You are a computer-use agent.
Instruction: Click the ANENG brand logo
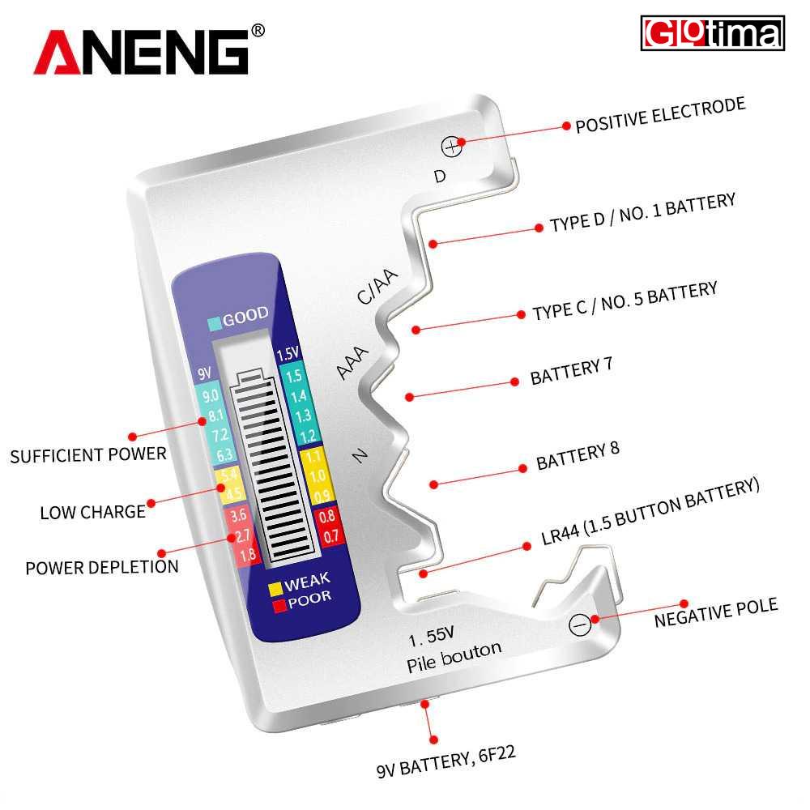tap(149, 50)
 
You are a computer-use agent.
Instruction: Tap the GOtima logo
tap(712, 33)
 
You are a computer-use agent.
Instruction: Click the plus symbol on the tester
tap(451, 147)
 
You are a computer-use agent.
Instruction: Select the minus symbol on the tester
tap(580, 625)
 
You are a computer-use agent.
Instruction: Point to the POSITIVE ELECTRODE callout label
tap(661, 115)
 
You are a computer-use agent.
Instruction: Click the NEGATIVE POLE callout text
tap(716, 612)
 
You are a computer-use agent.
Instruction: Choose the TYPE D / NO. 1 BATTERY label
tap(642, 213)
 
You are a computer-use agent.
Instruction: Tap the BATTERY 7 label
tap(571, 371)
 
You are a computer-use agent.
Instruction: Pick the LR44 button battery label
tap(650, 511)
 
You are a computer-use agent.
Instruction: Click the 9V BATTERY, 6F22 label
tap(446, 761)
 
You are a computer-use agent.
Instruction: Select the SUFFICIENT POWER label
tap(88, 454)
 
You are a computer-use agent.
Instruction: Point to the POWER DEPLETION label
tap(102, 567)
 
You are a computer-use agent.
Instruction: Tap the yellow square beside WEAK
tap(275, 589)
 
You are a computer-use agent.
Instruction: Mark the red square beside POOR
tap(279, 605)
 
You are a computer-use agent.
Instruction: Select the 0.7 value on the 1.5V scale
tap(330, 535)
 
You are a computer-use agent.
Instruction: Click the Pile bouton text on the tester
tap(454, 656)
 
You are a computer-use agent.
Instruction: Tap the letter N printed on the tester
tap(360, 455)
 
